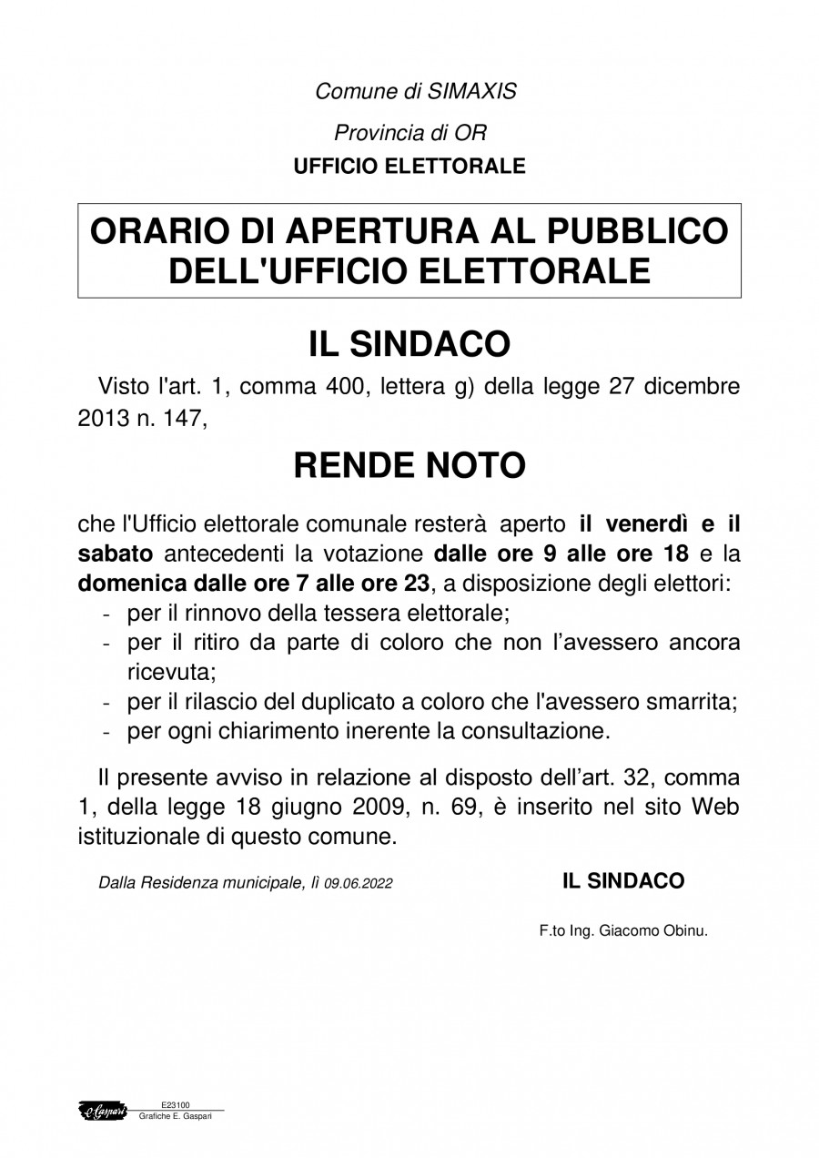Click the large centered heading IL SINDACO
point(409,344)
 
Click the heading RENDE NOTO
point(409,466)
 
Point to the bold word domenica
point(126,584)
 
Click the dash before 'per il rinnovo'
point(107,614)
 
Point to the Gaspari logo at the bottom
point(103,1111)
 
